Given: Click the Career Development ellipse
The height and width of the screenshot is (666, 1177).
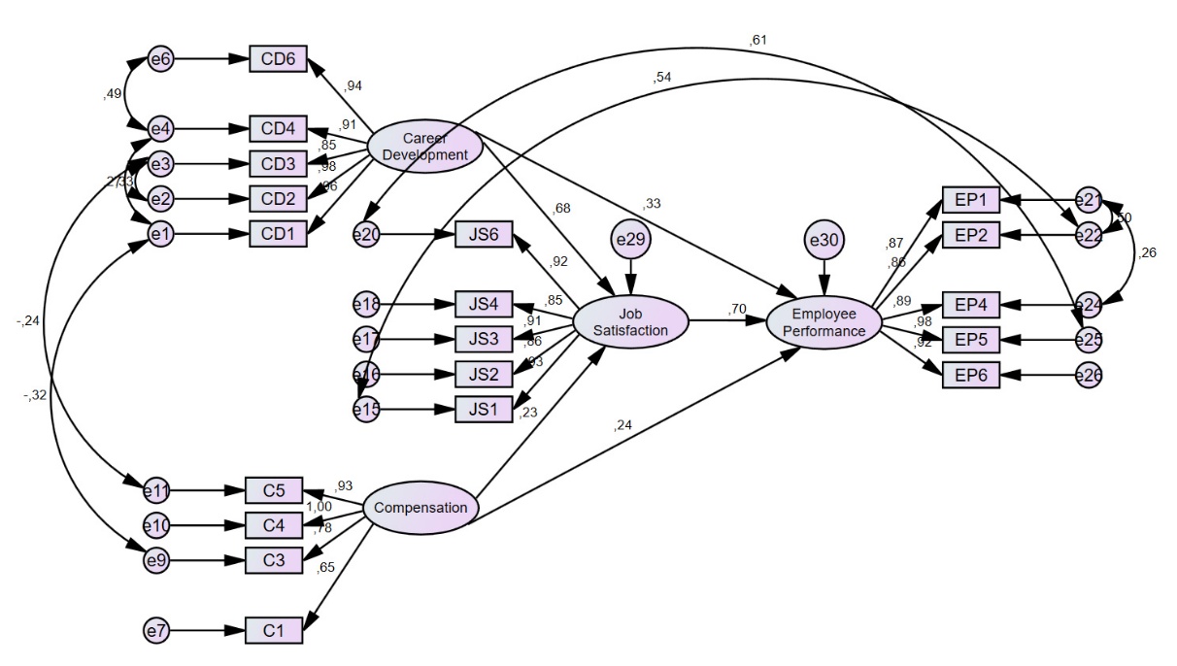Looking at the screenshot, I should (x=424, y=146).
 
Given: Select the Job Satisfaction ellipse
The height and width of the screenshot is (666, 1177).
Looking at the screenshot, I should (x=630, y=322).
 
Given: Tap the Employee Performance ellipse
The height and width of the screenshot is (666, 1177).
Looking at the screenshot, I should (x=824, y=322).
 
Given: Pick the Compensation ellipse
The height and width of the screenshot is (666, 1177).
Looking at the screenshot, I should (x=420, y=508).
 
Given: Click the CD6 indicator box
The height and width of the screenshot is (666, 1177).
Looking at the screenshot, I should (x=278, y=59).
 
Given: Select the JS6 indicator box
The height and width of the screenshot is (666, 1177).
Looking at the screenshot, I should (x=484, y=234).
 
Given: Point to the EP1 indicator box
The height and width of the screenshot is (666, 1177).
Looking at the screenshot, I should (x=970, y=201).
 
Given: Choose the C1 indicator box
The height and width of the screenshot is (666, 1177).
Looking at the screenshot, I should (x=273, y=631).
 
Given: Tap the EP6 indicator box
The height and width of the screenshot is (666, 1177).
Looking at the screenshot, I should (x=970, y=375).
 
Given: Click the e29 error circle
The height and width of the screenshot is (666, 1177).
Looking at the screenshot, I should (x=631, y=238).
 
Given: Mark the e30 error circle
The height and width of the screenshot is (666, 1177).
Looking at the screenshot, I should (x=824, y=239).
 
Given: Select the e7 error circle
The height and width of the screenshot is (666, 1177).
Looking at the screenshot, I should (x=156, y=631).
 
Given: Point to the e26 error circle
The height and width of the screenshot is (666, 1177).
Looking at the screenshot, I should (x=1090, y=375).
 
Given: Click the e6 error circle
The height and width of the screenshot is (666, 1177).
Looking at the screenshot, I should (x=159, y=59).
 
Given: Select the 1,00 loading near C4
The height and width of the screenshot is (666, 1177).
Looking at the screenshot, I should (x=319, y=506).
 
